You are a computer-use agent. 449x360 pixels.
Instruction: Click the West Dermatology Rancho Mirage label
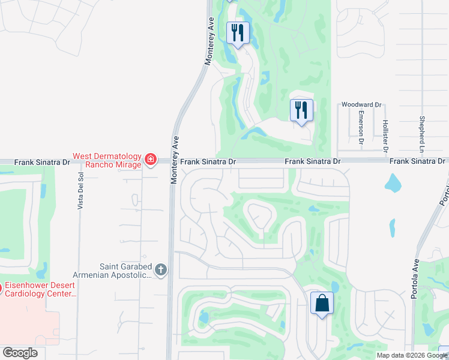[107, 160]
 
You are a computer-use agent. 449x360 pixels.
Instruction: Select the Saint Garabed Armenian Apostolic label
[125, 271]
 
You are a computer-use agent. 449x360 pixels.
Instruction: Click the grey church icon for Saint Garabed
[160, 270]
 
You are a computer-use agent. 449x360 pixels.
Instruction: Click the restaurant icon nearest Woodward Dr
[301, 110]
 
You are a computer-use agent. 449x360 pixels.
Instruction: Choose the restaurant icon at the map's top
[238, 34]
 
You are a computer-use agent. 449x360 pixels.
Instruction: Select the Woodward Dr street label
[361, 104]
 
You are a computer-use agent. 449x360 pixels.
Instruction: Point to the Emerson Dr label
[361, 127]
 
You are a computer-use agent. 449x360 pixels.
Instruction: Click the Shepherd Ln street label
[423, 133]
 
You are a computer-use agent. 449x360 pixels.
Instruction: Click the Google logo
[20, 353]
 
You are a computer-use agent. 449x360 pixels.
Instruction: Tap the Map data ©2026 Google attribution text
[412, 355]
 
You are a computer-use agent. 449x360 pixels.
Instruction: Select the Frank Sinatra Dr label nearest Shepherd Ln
[417, 161]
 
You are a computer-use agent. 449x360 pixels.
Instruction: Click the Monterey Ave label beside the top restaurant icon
[209, 41]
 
